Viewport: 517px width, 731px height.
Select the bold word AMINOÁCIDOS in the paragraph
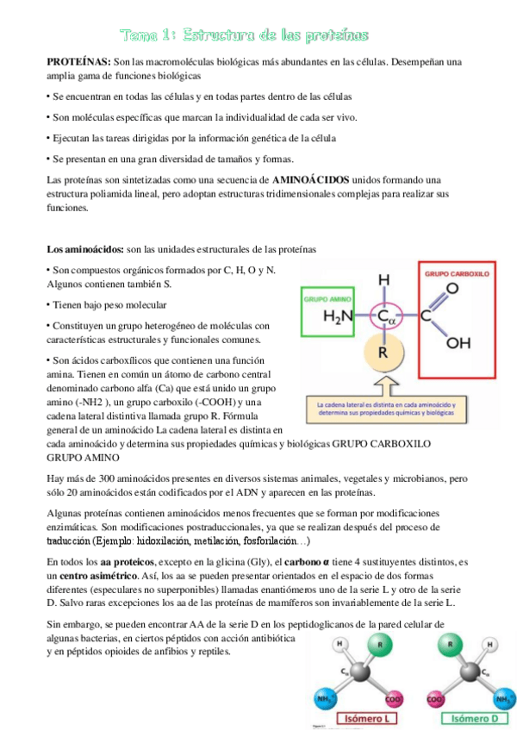click(x=311, y=179)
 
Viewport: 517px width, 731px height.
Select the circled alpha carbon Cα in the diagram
click(x=387, y=317)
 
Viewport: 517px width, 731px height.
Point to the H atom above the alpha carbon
click(x=385, y=280)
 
